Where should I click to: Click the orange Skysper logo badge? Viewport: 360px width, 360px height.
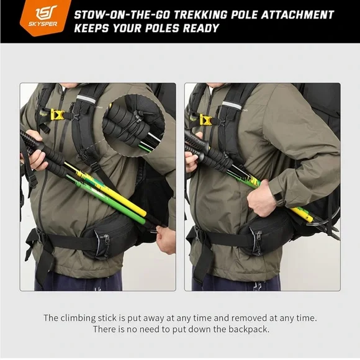[45, 17]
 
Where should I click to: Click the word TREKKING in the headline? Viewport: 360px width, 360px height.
[200, 15]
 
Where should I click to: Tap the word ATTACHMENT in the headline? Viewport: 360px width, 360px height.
[297, 15]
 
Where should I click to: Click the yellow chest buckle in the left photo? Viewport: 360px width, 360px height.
[57, 115]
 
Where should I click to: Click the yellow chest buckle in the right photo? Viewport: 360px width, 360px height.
[205, 120]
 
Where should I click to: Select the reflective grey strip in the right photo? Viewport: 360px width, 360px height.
[232, 105]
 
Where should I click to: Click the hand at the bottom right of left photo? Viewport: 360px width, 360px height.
[166, 240]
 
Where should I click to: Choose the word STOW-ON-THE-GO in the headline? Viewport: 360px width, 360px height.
[122, 15]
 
